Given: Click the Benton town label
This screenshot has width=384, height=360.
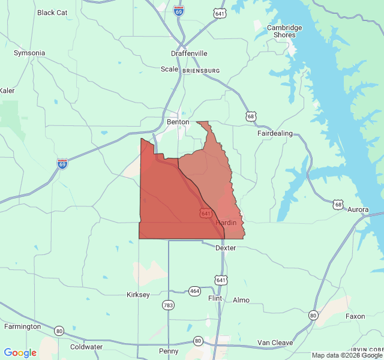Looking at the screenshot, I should coord(178,122).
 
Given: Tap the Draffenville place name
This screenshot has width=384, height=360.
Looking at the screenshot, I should coord(189,53).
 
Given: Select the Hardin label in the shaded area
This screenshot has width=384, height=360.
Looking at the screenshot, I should coord(226,223).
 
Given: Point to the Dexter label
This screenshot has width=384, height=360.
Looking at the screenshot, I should coord(226,248).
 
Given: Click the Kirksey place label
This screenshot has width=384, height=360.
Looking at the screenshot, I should coord(138,295).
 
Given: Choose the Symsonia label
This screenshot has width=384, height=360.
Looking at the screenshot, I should coord(29,53).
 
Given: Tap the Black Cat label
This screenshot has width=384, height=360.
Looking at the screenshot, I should coord(52,13).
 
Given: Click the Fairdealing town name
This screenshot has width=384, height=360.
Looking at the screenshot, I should coord(275,133).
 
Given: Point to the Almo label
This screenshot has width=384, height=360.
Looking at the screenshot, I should coord(241,300).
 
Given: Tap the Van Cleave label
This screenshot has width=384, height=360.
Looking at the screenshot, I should coord(275,343).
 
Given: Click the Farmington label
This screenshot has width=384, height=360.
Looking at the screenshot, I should coord(22,326).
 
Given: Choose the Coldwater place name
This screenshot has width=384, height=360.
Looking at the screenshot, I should coord(86,347).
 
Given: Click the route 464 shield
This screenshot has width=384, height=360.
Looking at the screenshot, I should coord(194,291).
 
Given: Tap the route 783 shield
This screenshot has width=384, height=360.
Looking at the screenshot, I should coord(168,305).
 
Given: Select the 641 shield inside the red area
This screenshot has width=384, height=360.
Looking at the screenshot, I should coord(206,213).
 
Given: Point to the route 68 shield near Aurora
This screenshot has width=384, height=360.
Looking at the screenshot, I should coord(340,205).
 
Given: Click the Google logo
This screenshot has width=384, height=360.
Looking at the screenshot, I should coord(20,353).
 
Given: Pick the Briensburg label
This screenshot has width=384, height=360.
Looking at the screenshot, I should coord(200,70).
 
